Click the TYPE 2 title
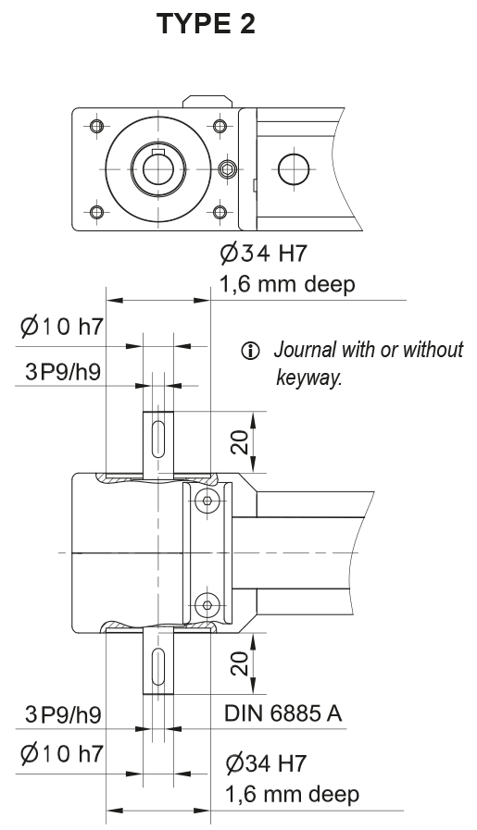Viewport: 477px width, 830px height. [206, 24]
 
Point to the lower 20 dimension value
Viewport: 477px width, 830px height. [239, 663]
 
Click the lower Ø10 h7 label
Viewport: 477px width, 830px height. [60, 754]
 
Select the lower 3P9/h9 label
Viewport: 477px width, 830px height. [63, 714]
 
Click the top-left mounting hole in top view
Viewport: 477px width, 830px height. [94, 126]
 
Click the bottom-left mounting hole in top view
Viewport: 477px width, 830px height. [94, 213]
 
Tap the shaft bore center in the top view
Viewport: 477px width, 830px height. [157, 169]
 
